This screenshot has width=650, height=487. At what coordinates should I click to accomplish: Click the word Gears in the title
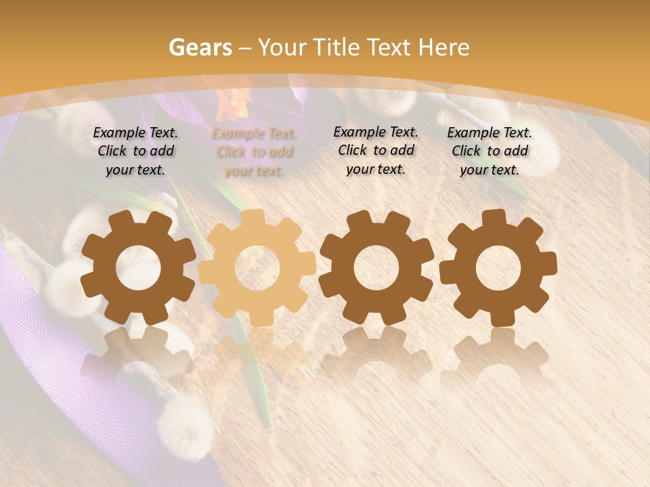pyautogui.click(x=200, y=47)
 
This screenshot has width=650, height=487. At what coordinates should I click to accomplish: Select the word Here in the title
pyautogui.click(x=443, y=47)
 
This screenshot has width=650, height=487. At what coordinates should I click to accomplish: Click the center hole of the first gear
pyautogui.click(x=138, y=267)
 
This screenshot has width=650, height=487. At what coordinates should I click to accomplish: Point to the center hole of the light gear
pyautogui.click(x=257, y=267)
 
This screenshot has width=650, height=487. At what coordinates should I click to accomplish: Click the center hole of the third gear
pyautogui.click(x=376, y=267)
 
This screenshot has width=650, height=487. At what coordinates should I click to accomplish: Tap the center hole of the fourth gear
pyautogui.click(x=498, y=267)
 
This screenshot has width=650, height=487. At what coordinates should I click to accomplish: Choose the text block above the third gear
pyautogui.click(x=376, y=151)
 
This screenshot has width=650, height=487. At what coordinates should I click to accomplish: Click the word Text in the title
pyautogui.click(x=392, y=47)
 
